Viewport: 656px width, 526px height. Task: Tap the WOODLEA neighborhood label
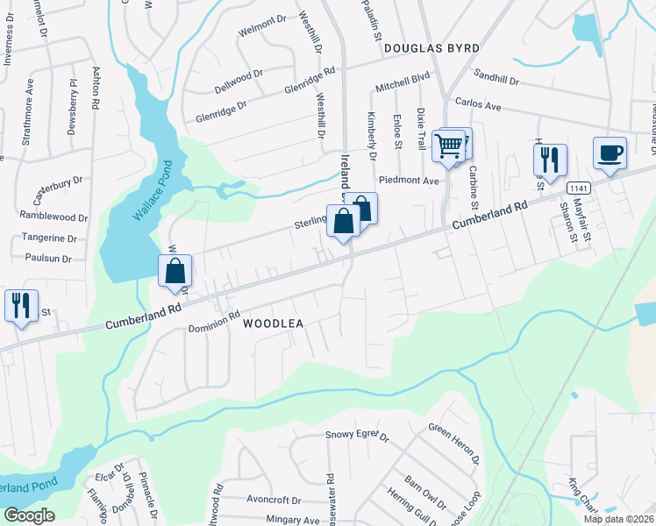click(x=272, y=323)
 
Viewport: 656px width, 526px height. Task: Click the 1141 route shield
click(x=577, y=188)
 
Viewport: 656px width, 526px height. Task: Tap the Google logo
click(x=29, y=515)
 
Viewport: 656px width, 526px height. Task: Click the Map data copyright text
click(x=618, y=519)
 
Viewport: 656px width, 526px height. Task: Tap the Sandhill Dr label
click(x=496, y=79)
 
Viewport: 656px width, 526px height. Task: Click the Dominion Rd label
click(x=214, y=322)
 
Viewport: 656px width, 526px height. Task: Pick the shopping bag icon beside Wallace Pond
click(x=175, y=272)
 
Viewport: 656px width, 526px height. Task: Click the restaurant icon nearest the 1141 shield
click(x=550, y=160)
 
